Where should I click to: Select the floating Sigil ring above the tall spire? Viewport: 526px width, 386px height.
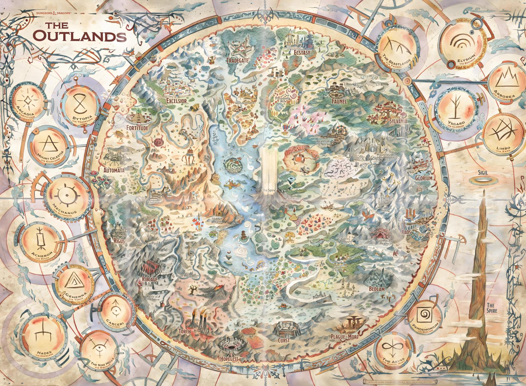click(x=484, y=181)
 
